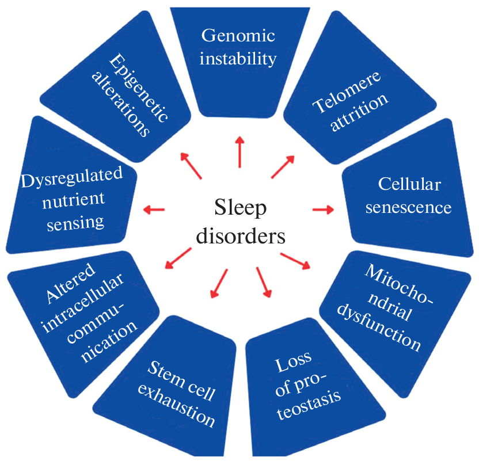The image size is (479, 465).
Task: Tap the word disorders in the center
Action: [240, 236]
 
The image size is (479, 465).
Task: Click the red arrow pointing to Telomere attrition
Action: [283, 166]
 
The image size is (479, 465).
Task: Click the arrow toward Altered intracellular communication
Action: [178, 257]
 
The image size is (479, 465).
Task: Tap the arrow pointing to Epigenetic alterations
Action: [192, 166]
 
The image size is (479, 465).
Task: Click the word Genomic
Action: [238, 36]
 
